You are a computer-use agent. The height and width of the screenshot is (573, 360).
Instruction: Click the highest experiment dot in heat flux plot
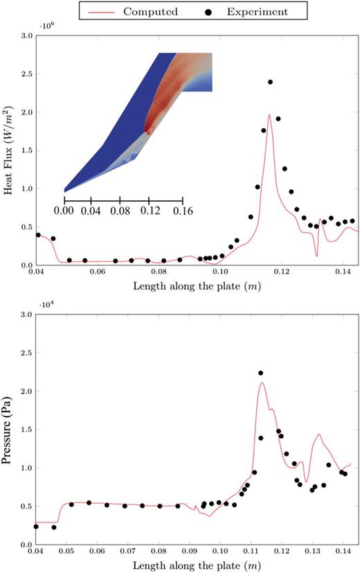point(270,82)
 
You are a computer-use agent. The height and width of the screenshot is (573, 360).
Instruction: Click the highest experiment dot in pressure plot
point(261,373)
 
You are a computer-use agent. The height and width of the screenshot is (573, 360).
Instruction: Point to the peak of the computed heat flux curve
point(269,115)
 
